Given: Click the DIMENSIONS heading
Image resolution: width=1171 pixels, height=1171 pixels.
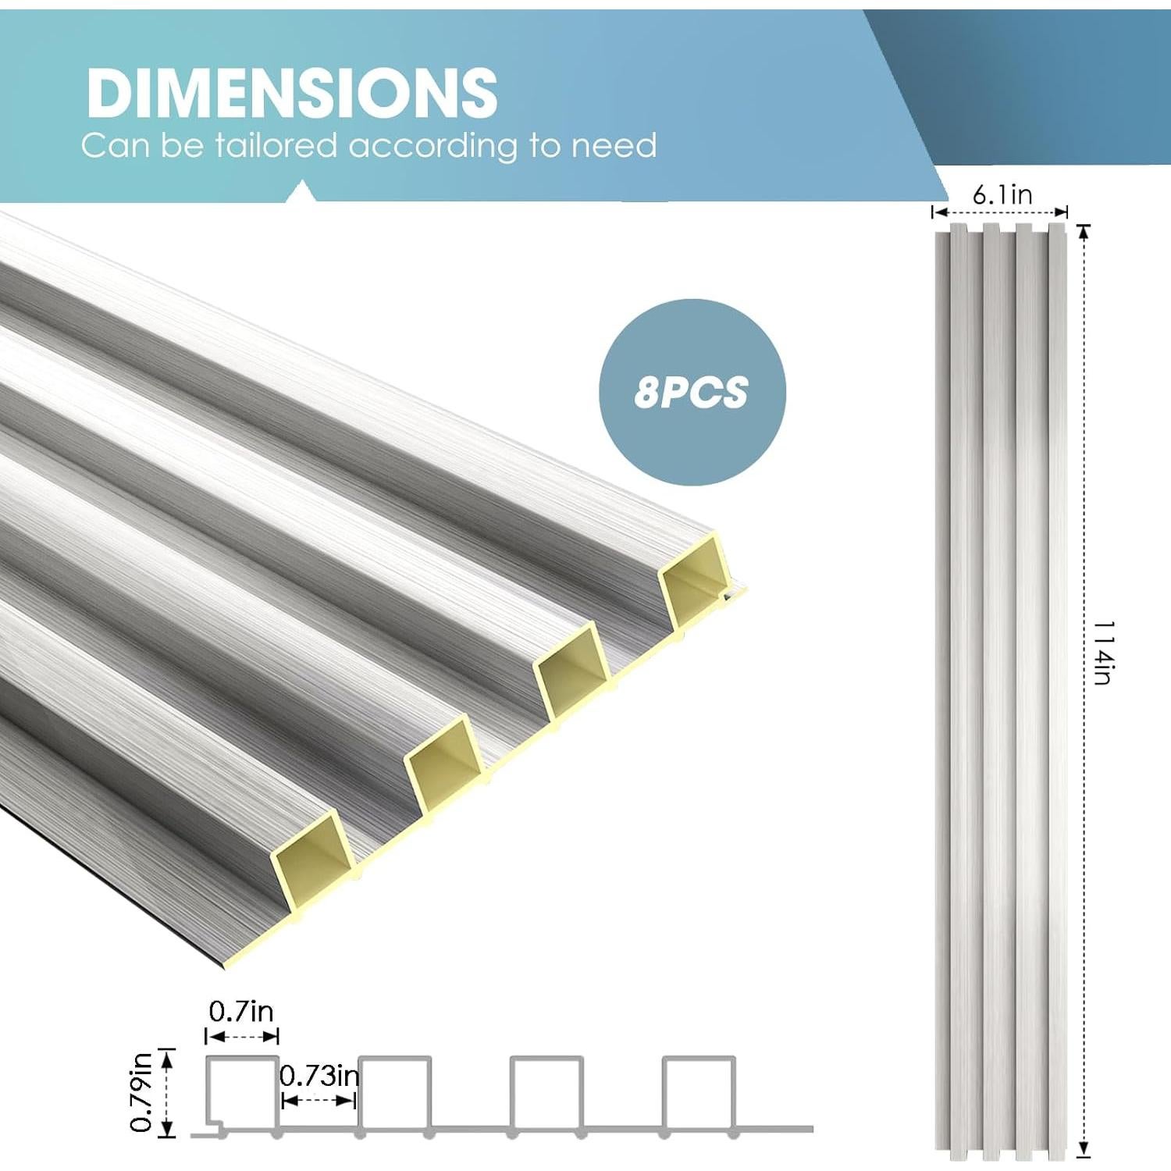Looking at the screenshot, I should pos(291,93).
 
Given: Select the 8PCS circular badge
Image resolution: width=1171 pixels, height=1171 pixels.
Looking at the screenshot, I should pos(692,392).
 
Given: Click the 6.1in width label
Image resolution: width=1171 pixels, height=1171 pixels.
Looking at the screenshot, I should pos(1002,194).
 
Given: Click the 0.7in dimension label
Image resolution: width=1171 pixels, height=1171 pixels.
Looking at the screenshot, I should pos(241,1012).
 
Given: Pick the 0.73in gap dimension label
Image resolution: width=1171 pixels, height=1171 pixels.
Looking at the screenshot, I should pos(319,1076).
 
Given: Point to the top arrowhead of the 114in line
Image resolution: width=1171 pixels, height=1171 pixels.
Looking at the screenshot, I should pos(1083,231).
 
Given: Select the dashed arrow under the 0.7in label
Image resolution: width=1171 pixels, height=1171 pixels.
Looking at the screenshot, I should pos(242,1037).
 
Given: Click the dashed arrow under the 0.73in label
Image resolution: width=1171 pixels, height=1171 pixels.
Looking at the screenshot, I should pos(319,1101).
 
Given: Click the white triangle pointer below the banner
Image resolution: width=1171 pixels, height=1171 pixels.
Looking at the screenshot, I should pos(302,192).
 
